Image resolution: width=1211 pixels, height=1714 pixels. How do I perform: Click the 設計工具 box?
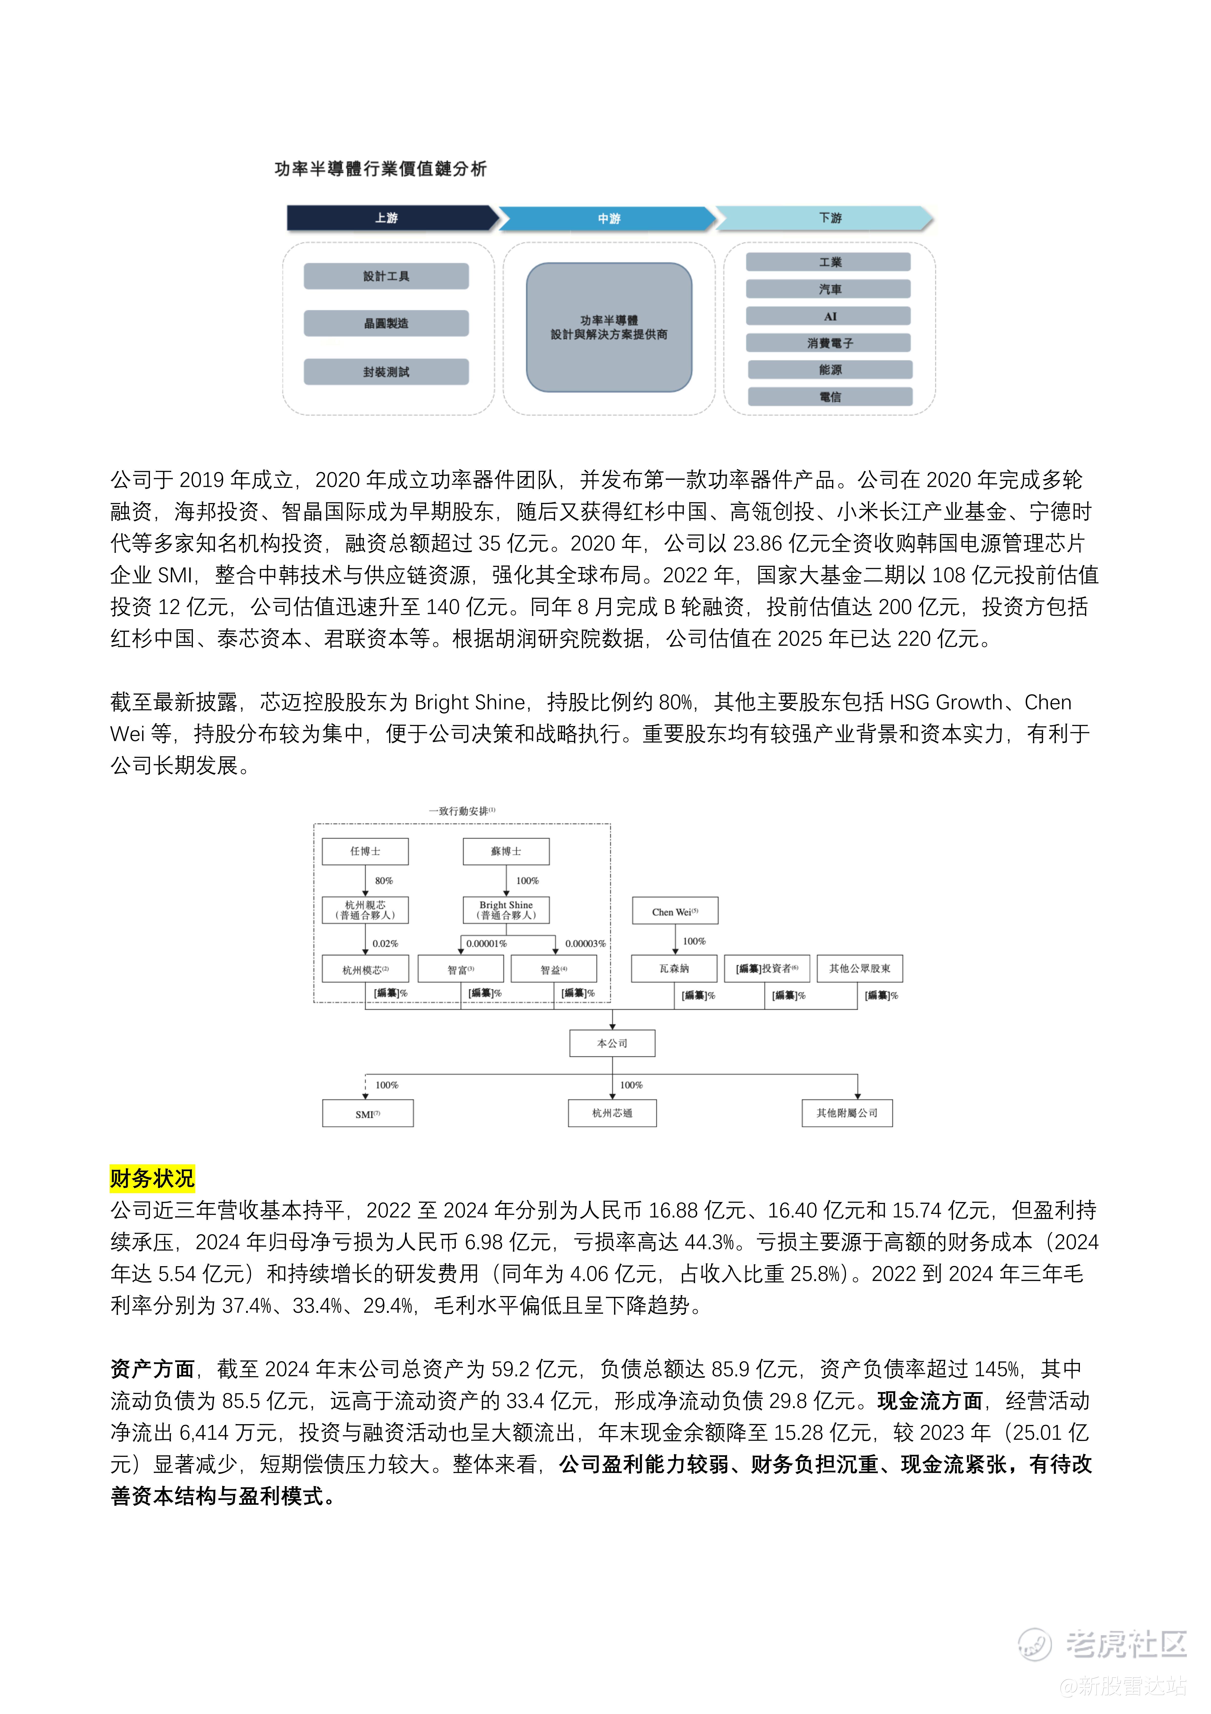tap(386, 276)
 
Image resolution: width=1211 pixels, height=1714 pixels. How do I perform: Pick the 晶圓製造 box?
tap(386, 323)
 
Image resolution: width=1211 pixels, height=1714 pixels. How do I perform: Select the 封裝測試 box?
tap(386, 372)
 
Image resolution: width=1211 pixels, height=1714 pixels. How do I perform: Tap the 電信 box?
tap(830, 396)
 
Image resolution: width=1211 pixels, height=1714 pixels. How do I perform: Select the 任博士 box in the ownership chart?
tap(365, 851)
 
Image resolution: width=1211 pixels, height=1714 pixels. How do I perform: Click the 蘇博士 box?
tap(506, 851)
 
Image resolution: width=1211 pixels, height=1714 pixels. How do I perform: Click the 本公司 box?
tap(612, 1043)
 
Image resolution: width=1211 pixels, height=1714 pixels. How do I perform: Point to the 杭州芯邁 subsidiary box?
tap(612, 1113)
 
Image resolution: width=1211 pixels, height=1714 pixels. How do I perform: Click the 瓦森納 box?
tap(674, 968)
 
